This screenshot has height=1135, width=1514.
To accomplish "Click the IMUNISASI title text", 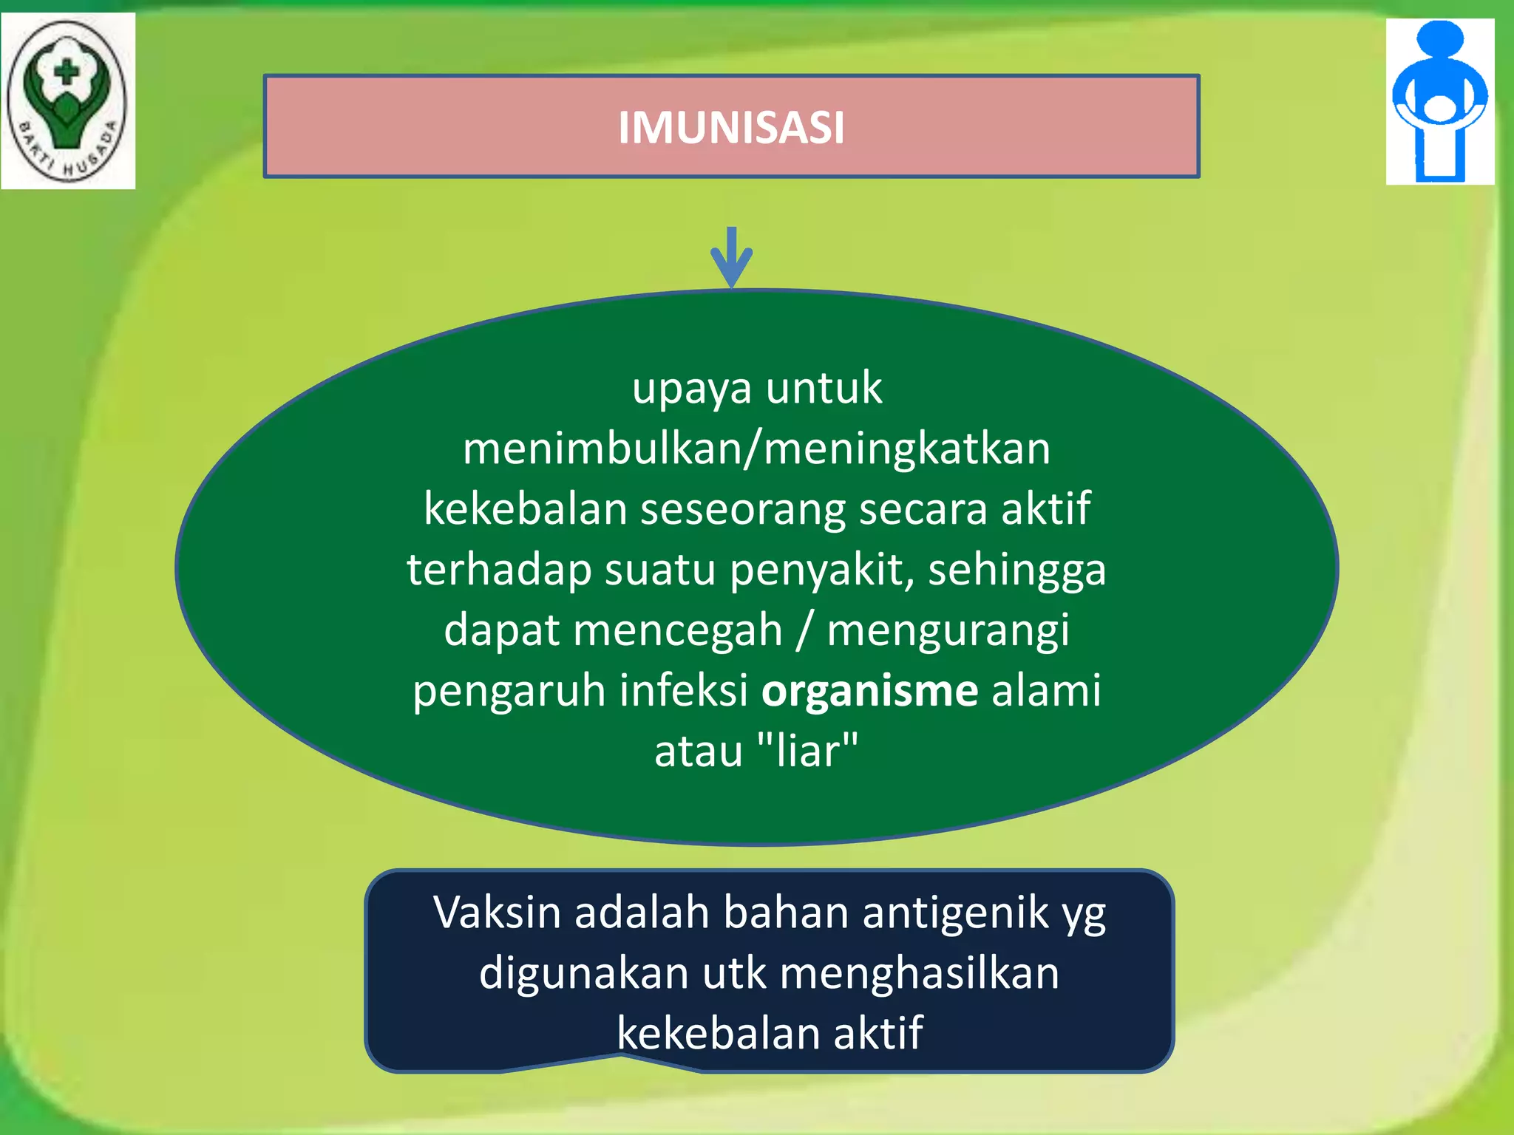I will point(731,128).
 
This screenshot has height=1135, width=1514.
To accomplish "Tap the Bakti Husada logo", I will point(67,100).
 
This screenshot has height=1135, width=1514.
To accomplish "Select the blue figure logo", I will point(1439,101).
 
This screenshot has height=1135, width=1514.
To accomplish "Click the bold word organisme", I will point(869,691).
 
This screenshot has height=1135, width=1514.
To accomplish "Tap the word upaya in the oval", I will point(692,389).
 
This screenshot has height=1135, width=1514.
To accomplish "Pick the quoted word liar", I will point(808,751).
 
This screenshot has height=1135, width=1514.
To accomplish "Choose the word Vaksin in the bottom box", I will point(498,913).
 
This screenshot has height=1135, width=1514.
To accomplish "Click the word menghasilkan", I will point(920,973).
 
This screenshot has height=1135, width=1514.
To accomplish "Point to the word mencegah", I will point(677,631).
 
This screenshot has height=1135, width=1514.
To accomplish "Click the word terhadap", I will point(499,570).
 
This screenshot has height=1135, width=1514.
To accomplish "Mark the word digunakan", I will point(584,973).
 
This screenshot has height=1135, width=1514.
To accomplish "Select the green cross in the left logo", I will point(67,72).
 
